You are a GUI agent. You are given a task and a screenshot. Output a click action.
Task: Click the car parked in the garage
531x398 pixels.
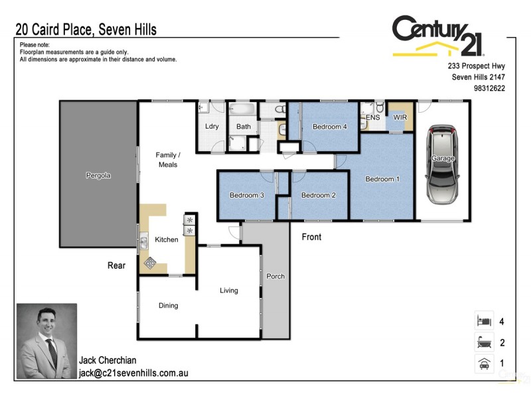(x=443, y=166)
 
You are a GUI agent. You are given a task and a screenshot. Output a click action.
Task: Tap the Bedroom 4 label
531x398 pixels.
(x=330, y=127)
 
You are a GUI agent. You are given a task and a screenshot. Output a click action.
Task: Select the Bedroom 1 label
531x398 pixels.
(x=382, y=179)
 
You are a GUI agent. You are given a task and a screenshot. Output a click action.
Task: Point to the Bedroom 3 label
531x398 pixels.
(x=247, y=195)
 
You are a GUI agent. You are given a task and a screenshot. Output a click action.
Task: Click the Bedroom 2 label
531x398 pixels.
(x=319, y=195)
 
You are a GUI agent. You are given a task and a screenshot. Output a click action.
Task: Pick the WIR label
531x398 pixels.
(x=400, y=117)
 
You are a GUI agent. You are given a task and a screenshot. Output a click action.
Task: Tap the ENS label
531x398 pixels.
(x=373, y=117)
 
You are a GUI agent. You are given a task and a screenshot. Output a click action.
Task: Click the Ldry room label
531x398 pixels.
(x=212, y=127)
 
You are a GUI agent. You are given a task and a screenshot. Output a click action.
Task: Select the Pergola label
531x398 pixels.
(x=98, y=176)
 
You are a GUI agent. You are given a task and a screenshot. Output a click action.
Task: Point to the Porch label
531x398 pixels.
(x=275, y=277)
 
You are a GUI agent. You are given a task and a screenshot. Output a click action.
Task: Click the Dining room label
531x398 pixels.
(x=168, y=306)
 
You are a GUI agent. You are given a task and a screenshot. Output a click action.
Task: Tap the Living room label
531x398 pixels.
(x=229, y=291)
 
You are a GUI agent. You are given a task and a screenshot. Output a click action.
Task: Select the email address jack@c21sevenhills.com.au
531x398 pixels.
(x=133, y=373)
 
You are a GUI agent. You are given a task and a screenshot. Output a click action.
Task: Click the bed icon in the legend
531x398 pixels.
(x=484, y=322)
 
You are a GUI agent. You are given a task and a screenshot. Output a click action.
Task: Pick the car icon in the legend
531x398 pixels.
(x=484, y=364)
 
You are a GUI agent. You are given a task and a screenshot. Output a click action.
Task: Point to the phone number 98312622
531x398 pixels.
(x=490, y=88)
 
